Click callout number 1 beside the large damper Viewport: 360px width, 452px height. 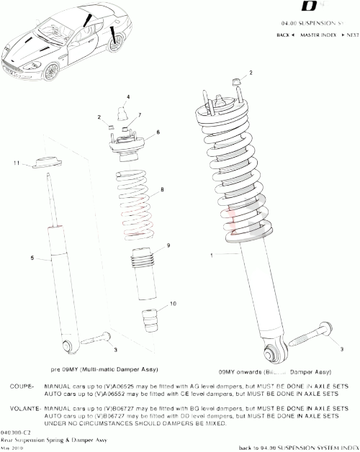pos(212,255)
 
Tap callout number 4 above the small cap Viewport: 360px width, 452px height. pos(127,96)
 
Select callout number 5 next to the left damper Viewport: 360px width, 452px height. pos(32,257)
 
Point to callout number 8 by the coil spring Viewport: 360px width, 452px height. pos(163,189)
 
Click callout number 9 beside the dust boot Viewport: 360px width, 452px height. pos(168,245)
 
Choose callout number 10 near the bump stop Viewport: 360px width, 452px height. pos(172,304)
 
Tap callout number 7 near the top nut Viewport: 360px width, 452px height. pos(139,115)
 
